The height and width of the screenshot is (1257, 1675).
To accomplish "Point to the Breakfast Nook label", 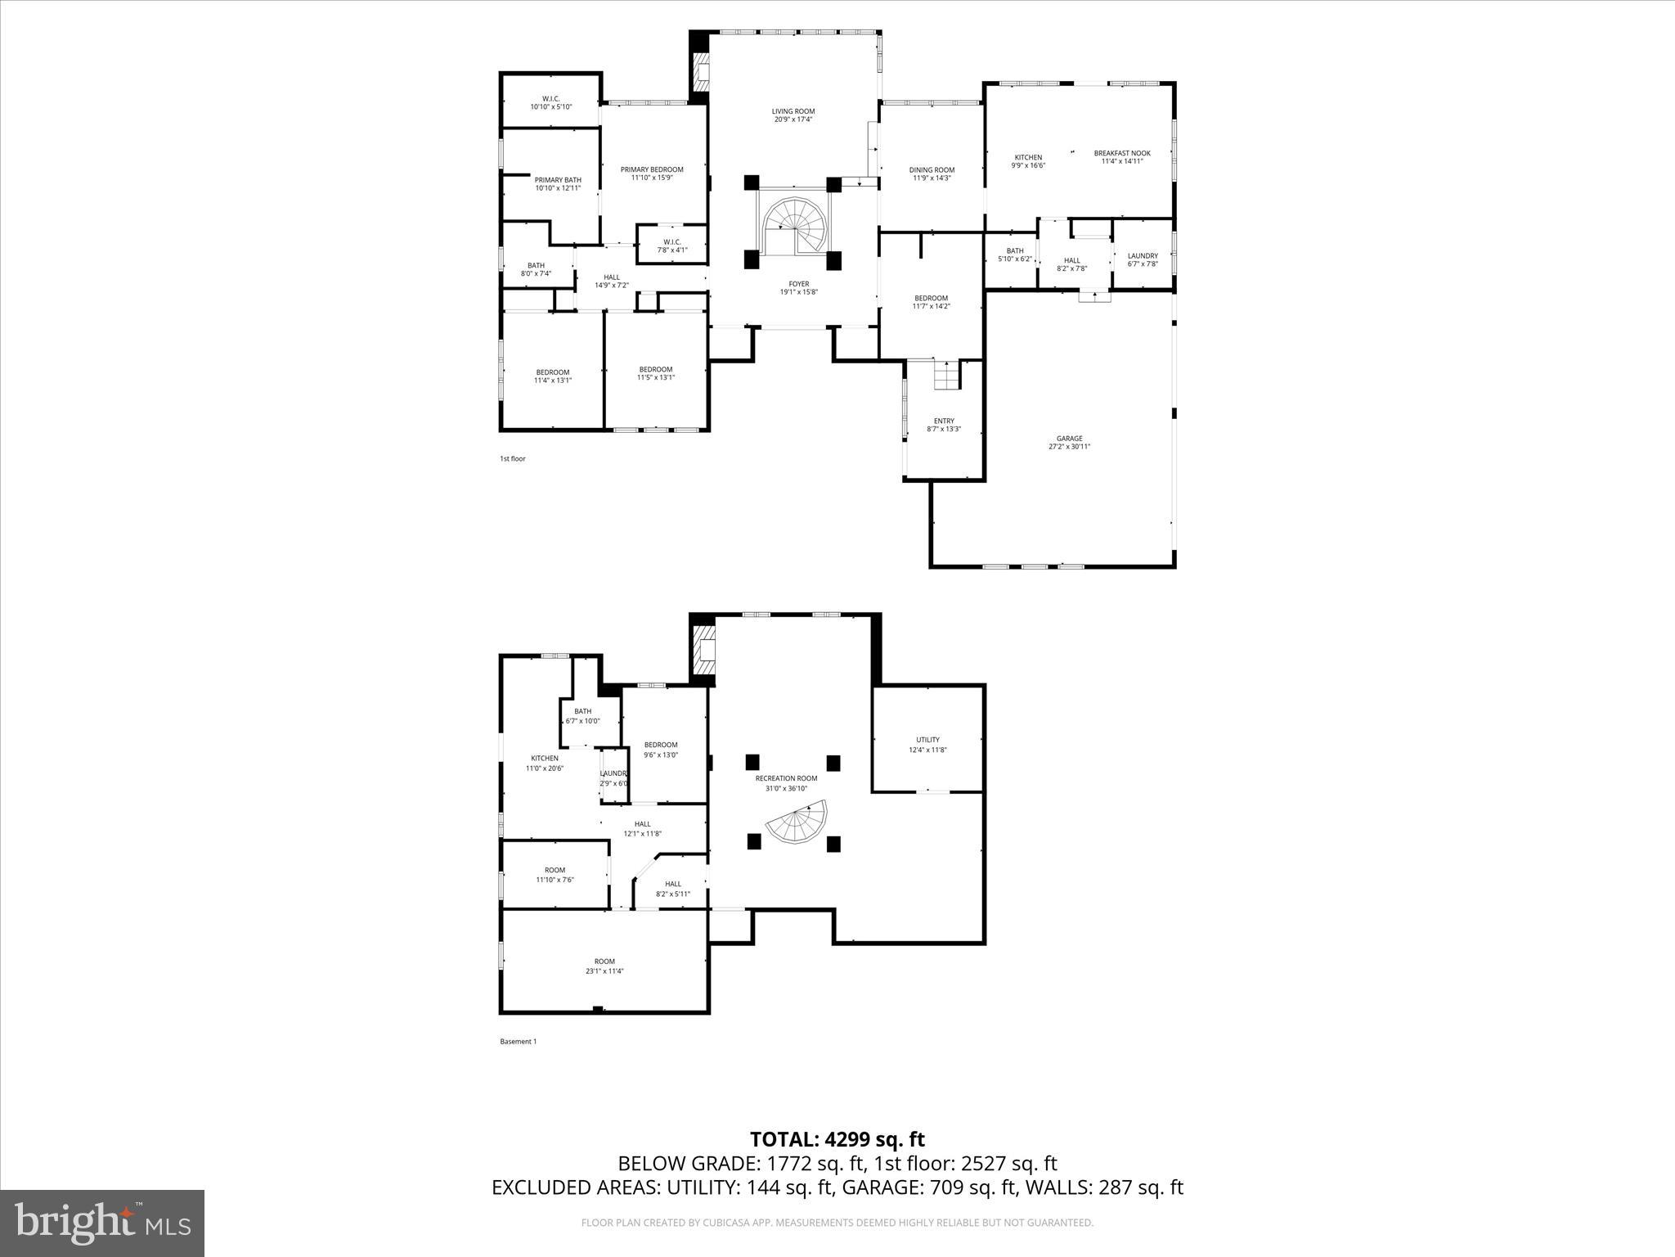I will point(1121,153).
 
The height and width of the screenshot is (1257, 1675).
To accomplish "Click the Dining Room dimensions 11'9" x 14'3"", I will point(932,178).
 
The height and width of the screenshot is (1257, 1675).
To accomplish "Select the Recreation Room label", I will point(786,778).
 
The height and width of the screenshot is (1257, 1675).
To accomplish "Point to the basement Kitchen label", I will point(544,759).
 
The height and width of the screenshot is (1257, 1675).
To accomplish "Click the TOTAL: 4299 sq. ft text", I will point(837,1139).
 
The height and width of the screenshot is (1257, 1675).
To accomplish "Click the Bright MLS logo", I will point(102,1223).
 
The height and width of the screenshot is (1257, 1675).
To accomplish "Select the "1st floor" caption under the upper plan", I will point(513,459).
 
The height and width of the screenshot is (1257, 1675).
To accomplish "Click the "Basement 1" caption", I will point(518,1042).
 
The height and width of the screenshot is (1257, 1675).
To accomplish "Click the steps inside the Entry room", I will point(946,376).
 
